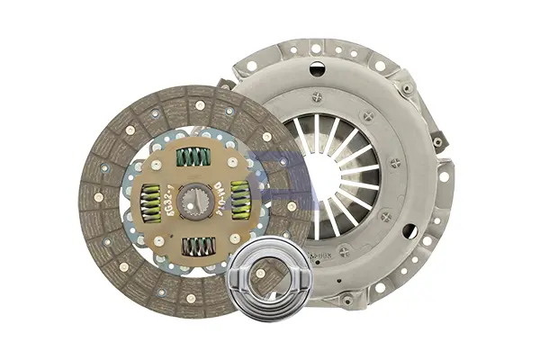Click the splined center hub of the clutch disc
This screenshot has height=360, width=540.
193,201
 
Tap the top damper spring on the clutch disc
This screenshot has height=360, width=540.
193,157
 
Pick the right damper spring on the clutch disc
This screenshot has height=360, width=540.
239,198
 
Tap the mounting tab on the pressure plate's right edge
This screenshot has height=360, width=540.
439,142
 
